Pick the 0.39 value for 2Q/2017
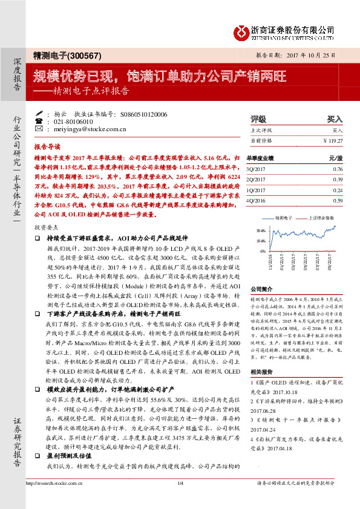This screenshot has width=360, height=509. pos(338,180)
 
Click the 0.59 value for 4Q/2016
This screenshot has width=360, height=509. pos(338,200)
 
